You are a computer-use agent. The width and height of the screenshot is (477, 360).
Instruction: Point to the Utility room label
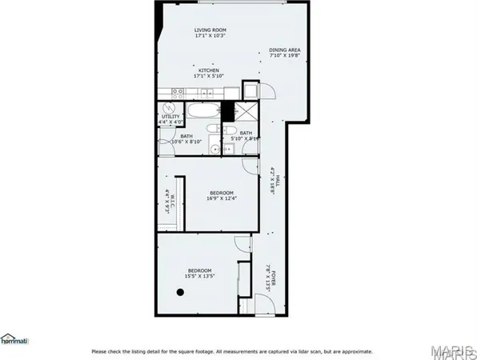tap(170, 118)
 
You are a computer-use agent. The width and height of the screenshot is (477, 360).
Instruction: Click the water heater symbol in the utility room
tap(170, 108)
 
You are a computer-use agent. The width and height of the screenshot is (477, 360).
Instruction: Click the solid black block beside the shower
tap(228, 111)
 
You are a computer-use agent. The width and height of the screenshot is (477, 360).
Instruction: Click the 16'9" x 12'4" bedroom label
tap(221, 195)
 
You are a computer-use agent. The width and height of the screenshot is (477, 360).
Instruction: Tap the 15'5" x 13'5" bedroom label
tap(199, 273)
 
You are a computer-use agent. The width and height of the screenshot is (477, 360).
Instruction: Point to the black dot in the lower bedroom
tap(180, 292)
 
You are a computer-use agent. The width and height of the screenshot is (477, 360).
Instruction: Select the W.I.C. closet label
tap(168, 198)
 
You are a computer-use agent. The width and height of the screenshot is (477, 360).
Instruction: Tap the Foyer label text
tap(272, 279)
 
